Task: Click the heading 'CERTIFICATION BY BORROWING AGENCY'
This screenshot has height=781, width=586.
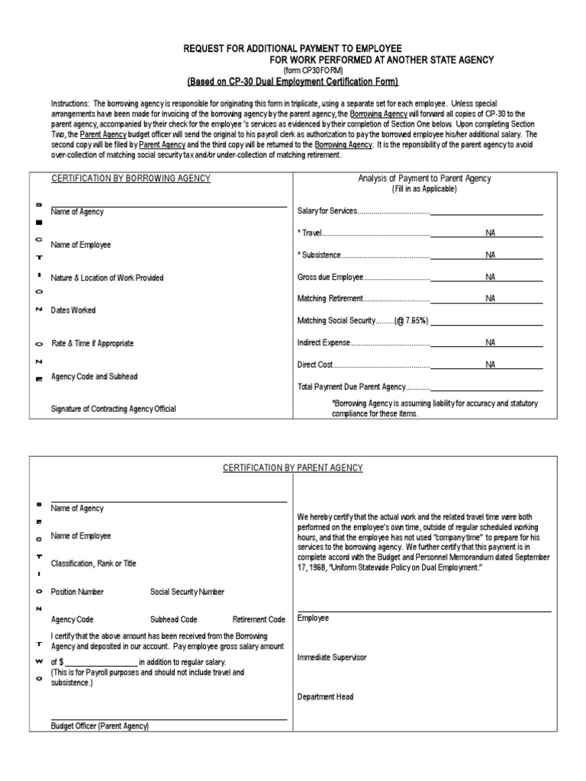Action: pyautogui.click(x=130, y=178)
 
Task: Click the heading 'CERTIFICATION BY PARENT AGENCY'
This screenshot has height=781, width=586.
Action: pyautogui.click(x=293, y=468)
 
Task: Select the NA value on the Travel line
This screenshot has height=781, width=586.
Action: pyautogui.click(x=490, y=233)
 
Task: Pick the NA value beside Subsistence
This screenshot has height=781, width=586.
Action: pyautogui.click(x=490, y=255)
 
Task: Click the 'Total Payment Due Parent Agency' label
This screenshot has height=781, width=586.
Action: pyautogui.click(x=352, y=387)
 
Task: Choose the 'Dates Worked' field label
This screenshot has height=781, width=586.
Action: pyautogui.click(x=73, y=310)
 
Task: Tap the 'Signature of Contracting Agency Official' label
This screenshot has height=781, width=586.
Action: pyautogui.click(x=113, y=409)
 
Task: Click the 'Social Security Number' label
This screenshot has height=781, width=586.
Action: pyautogui.click(x=187, y=592)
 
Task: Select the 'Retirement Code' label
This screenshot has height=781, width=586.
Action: pyautogui.click(x=259, y=619)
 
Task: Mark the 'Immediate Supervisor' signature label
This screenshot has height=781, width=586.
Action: pyautogui.click(x=332, y=657)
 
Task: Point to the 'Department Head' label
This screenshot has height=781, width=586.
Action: pyautogui.click(x=325, y=696)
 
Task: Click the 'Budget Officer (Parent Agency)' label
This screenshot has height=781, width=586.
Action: pyautogui.click(x=100, y=726)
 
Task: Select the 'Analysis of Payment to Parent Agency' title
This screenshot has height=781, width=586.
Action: pyautogui.click(x=425, y=178)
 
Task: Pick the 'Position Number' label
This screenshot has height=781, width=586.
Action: pyautogui.click(x=77, y=592)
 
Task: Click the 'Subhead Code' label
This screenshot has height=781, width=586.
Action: pyautogui.click(x=174, y=619)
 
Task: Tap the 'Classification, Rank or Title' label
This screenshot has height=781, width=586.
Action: pyautogui.click(x=94, y=564)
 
